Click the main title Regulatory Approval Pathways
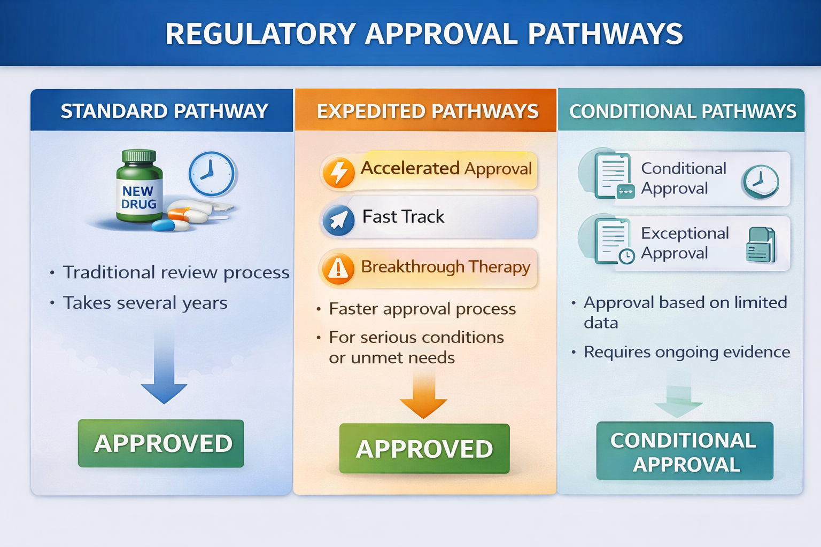(x=424, y=33)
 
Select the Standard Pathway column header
(x=164, y=111)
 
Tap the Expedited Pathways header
(x=428, y=111)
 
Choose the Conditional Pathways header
(x=683, y=111)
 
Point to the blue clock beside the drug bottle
(x=212, y=174)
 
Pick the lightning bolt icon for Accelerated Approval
(x=339, y=173)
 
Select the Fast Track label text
(x=403, y=216)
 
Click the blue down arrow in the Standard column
(x=164, y=369)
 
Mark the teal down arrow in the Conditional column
(x=678, y=398)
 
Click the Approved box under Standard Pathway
(x=161, y=443)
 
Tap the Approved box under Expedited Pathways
(x=424, y=448)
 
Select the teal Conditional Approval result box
(x=685, y=451)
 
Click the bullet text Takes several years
(x=145, y=303)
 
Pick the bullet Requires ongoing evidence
(x=686, y=352)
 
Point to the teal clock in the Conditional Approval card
(x=760, y=182)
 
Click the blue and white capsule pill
(x=170, y=225)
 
